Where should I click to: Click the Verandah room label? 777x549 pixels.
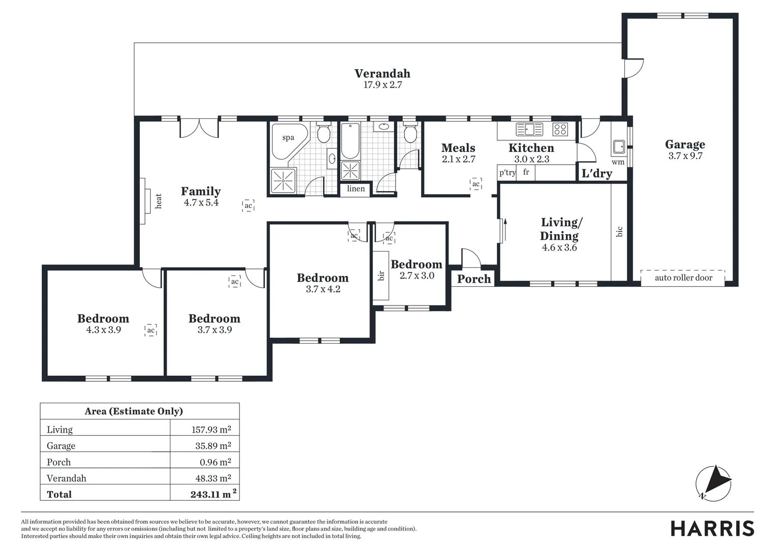click(x=382, y=74)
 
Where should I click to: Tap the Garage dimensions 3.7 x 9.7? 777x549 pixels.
click(x=685, y=156)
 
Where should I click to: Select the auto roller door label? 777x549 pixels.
click(x=683, y=278)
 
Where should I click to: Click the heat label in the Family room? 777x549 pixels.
click(x=159, y=201)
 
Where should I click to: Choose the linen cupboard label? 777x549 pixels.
click(x=356, y=189)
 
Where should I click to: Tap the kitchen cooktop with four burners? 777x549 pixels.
click(x=560, y=129)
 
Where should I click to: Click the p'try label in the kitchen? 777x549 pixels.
click(x=507, y=172)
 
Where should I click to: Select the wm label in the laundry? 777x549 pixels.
click(x=618, y=162)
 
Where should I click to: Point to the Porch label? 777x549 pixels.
click(x=474, y=279)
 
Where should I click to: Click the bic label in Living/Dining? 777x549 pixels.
click(x=619, y=232)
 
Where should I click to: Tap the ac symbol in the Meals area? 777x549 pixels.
click(x=475, y=184)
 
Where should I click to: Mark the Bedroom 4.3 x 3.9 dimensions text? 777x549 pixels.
click(x=103, y=330)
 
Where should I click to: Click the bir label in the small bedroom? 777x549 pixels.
click(x=381, y=276)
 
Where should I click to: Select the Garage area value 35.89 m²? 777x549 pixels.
click(x=213, y=445)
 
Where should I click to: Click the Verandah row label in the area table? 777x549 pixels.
click(x=66, y=478)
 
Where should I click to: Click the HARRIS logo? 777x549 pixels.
click(x=712, y=529)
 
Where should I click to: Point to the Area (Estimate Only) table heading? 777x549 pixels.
click(x=134, y=411)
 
